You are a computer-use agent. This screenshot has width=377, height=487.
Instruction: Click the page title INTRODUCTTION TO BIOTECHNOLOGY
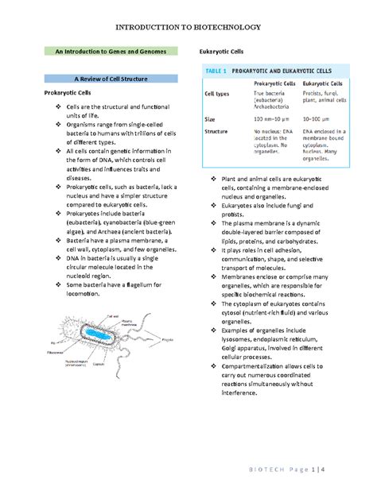[x=188, y=23]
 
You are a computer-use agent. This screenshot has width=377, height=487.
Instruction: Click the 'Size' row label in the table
[x=210, y=119]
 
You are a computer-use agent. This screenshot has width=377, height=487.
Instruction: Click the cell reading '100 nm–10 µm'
[x=274, y=119]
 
